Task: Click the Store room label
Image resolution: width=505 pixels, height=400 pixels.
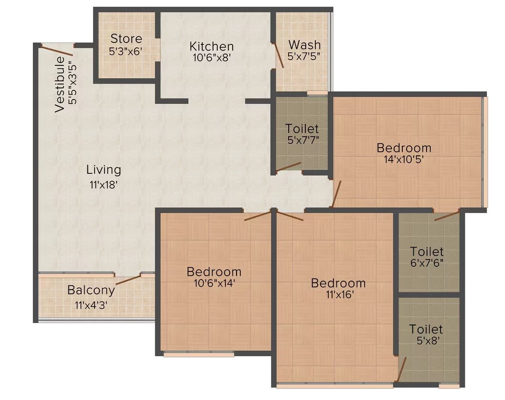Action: coord(126,38)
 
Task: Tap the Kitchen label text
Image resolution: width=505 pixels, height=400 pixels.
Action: coord(212,46)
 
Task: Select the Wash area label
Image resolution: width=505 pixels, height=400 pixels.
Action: coord(305,45)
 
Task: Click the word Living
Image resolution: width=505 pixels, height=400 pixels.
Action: coord(104,170)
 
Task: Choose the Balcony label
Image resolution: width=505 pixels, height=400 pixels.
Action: coord(91,290)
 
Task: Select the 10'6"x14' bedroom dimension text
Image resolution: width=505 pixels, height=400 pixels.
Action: coord(214,283)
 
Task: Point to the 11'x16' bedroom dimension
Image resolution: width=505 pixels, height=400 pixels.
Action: coord(338,295)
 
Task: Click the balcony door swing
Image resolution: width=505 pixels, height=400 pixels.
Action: coord(129,280)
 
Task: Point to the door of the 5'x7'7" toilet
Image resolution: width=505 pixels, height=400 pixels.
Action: coord(288,167)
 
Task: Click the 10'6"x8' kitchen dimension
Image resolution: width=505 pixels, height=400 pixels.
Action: coord(212,57)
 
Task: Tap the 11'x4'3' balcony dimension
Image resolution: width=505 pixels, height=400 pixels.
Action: coord(91,304)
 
